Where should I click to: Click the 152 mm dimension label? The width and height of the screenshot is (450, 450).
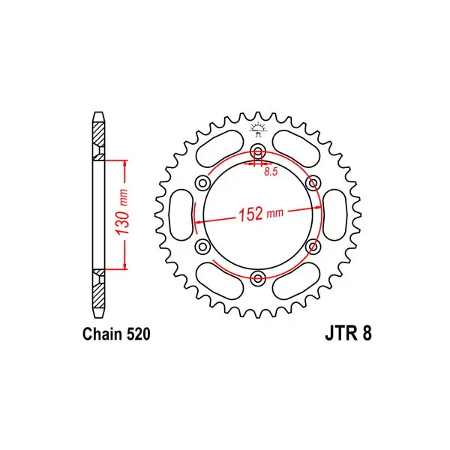(x=261, y=214)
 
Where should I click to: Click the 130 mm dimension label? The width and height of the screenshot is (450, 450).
(x=122, y=211)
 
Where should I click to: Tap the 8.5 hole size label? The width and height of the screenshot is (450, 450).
(x=271, y=172)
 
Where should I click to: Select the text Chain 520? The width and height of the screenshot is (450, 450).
(x=116, y=334)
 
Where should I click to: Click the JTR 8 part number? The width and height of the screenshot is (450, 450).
(x=348, y=334)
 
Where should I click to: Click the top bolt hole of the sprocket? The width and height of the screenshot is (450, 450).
(x=258, y=151)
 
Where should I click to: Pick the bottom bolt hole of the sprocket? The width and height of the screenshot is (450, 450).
(x=258, y=277)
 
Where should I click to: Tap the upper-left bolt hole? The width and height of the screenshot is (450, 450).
(x=203, y=183)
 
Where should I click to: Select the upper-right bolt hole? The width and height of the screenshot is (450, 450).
(x=313, y=183)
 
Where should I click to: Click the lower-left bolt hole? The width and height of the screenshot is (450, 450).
(x=203, y=246)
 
